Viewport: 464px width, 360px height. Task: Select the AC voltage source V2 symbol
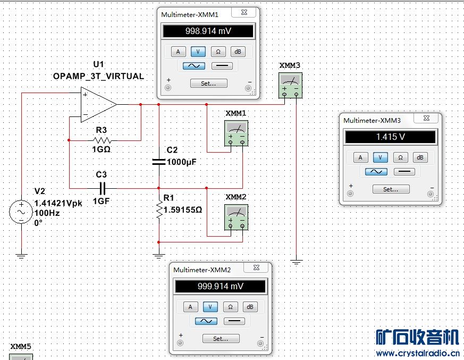[x=21, y=212]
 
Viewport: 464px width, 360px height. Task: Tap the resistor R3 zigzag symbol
[x=102, y=140]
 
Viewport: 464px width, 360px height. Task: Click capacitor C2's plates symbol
[x=159, y=162]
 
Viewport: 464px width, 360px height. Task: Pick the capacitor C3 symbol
[x=103, y=188]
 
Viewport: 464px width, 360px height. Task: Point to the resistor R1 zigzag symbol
[x=159, y=210]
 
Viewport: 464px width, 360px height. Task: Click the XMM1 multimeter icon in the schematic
[x=236, y=133]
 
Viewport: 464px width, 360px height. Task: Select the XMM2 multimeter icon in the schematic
[x=236, y=217]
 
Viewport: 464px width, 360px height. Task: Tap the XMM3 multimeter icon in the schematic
[x=290, y=86]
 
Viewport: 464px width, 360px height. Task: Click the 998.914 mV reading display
[x=208, y=31]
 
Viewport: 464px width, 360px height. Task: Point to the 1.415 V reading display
[x=391, y=137]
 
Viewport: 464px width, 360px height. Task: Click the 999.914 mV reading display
[x=221, y=286]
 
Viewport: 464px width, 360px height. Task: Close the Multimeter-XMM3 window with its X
[x=426, y=118]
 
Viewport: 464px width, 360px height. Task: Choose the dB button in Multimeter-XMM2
[x=250, y=307]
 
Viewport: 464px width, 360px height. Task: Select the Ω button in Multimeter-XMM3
[x=400, y=157]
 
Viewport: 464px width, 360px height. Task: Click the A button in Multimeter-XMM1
[x=178, y=52]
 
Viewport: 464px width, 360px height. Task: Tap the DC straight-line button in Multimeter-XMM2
[x=234, y=321]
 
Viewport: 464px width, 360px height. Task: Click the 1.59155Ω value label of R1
[x=183, y=210]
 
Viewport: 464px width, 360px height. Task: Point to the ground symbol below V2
[x=21, y=256]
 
